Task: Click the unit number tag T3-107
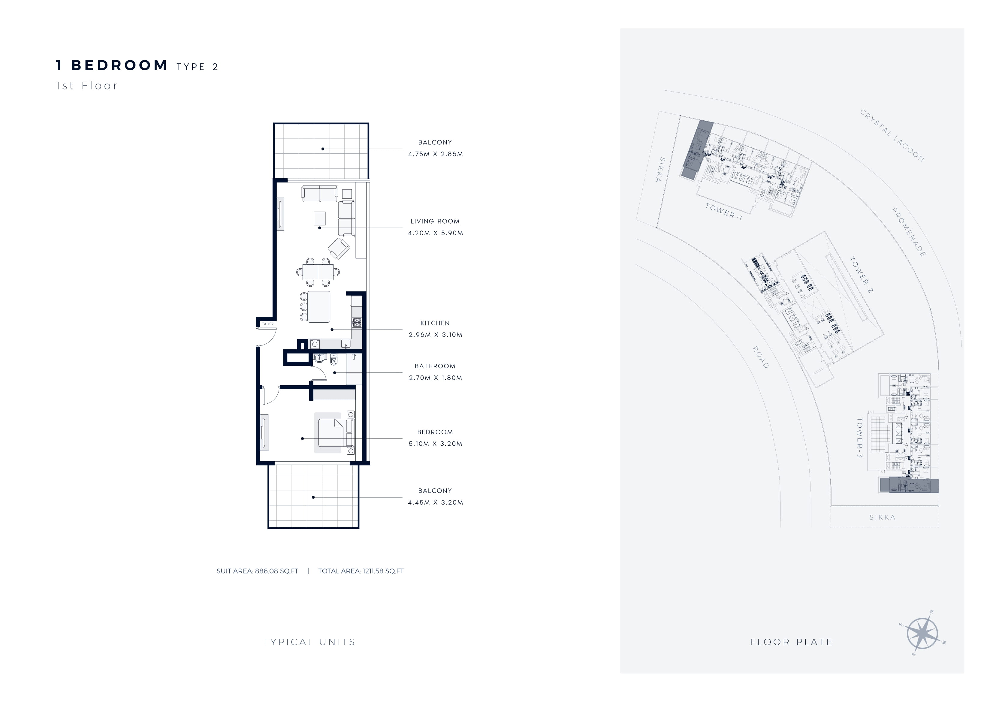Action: click(x=268, y=324)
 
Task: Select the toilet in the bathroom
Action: click(x=334, y=360)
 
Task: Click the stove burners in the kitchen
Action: click(x=357, y=322)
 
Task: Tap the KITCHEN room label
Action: click(x=435, y=323)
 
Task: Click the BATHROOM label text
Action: click(x=435, y=366)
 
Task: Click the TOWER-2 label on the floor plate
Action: click(x=861, y=275)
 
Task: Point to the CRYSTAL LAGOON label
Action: click(x=892, y=136)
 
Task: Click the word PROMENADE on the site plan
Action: click(x=909, y=232)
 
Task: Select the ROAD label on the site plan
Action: click(x=761, y=357)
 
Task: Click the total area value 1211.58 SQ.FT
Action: click(x=383, y=571)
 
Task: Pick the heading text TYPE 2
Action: click(x=197, y=67)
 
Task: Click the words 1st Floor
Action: click(x=86, y=86)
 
